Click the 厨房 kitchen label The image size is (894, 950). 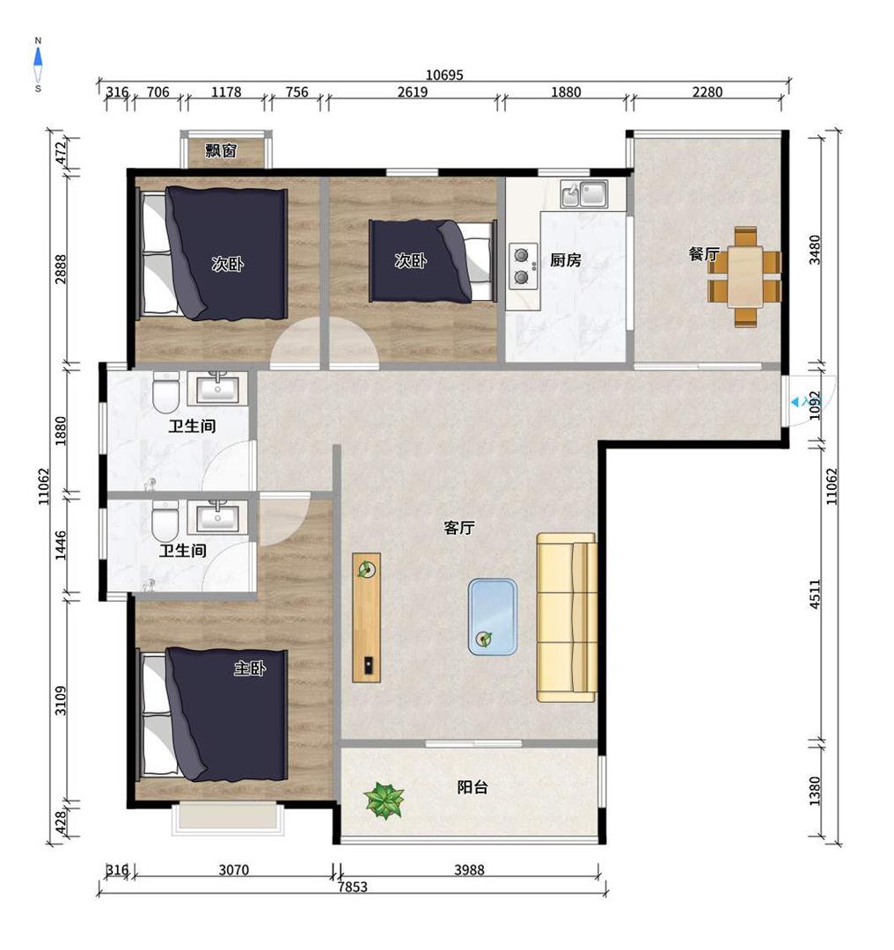coord(566,259)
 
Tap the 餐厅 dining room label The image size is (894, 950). coord(703,254)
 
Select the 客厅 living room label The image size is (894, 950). coord(458,528)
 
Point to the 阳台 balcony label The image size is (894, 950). coord(473,787)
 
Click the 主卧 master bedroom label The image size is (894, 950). coord(250,669)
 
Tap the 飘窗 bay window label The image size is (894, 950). coord(221,150)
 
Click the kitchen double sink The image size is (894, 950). coord(584,194)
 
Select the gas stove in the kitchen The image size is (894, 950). coord(523,266)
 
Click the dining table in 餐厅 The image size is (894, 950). coord(745,277)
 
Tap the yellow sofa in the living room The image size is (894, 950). coord(567,617)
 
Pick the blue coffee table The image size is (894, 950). coord(493,617)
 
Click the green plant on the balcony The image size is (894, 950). coord(385,800)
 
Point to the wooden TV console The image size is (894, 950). coord(367,617)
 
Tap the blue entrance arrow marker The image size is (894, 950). coord(795,402)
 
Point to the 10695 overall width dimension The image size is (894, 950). coord(444,75)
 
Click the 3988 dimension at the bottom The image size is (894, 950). coord(469,870)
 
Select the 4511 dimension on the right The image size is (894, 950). coord(815,595)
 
